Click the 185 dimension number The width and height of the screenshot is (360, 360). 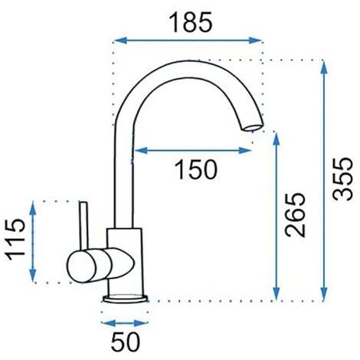coord(191,22)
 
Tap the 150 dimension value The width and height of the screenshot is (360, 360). coord(196,169)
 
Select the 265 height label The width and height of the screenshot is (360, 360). coord(296,215)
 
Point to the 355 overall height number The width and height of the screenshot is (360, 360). coord(343,178)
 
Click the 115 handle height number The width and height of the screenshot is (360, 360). coord(16,239)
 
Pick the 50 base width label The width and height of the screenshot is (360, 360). coord(126,342)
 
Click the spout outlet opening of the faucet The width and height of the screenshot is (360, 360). coord(253,127)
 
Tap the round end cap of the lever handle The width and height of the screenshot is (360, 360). coord(81,267)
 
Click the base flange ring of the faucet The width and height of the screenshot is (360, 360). coord(125,299)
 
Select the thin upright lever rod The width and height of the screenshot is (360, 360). coord(84,225)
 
